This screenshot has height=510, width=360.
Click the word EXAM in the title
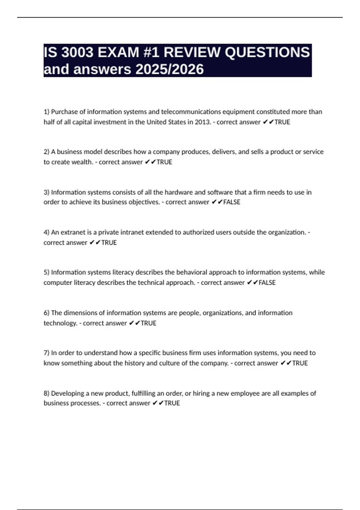[x=118, y=52]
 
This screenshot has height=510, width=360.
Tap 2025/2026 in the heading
[x=169, y=69]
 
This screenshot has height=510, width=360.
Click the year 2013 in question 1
[x=202, y=122]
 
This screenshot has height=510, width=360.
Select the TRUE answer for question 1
[x=282, y=122]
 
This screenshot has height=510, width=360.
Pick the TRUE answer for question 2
[x=164, y=162]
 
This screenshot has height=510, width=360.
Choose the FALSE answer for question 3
[x=232, y=202]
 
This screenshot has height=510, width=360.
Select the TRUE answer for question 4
[x=109, y=242]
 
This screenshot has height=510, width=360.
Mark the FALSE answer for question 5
[x=267, y=283]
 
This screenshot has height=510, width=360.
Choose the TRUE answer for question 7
[x=300, y=363]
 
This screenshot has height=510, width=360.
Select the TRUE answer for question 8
[x=172, y=403]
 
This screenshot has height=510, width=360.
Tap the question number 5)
[x=46, y=272]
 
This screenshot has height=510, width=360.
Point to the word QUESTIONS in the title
[x=267, y=52]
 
